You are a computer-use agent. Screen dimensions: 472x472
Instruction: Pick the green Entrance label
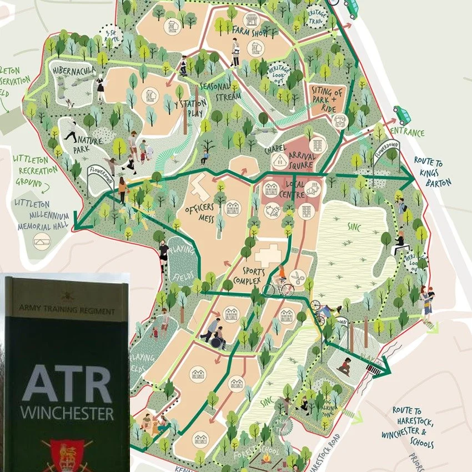pyautogui.click(x=406, y=133)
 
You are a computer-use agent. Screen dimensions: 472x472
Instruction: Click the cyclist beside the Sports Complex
pyautogui.click(x=279, y=282)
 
